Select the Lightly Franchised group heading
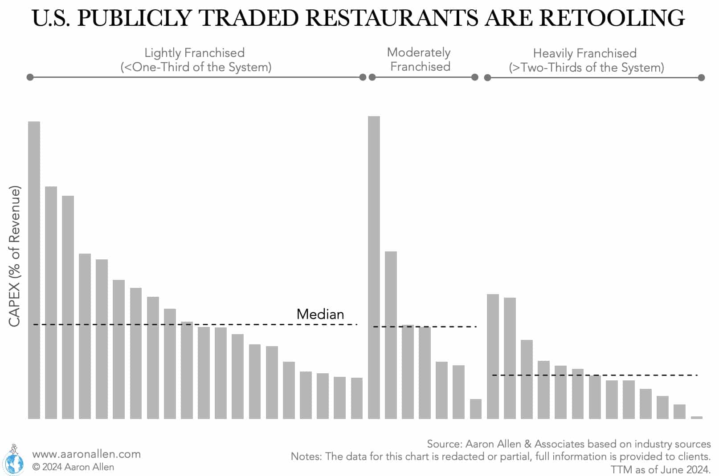[x=195, y=60]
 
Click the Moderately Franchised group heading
[x=419, y=59]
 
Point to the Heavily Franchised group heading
[x=586, y=60]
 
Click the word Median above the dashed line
[x=320, y=314]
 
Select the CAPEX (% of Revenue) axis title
[x=14, y=256]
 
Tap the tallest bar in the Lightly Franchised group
[x=34, y=270]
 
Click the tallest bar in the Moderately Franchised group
[x=374, y=267]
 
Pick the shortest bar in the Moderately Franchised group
[x=476, y=409]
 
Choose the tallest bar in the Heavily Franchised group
[x=493, y=356]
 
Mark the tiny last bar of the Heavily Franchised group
[x=696, y=417]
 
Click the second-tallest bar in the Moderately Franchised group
[x=391, y=335]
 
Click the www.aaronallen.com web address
[x=86, y=454]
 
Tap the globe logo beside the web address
[x=13, y=461]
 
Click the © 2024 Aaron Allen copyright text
[x=73, y=467]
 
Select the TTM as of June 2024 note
[x=660, y=469]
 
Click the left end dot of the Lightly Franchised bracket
[x=30, y=77]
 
